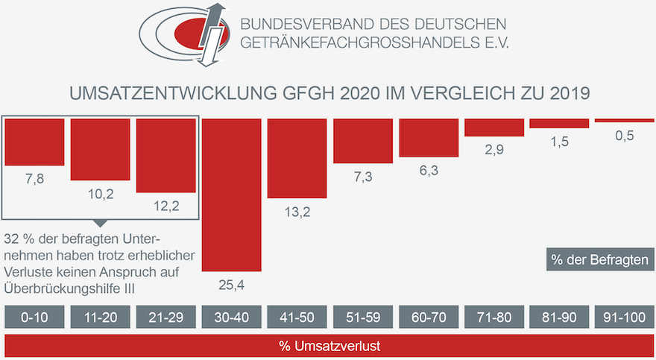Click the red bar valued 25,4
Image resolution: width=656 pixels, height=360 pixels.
point(232,195)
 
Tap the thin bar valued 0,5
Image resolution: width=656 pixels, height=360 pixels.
point(625,120)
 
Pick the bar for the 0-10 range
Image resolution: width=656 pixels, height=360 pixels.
point(34,142)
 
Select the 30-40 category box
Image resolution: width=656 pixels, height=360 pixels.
point(232,316)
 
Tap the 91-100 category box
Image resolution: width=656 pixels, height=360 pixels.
point(625,316)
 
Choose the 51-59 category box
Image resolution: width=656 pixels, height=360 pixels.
point(363,316)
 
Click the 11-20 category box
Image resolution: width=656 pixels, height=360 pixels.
point(100,316)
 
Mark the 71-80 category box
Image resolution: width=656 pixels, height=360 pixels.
point(493,316)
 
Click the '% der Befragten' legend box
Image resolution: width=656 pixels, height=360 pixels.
point(600,259)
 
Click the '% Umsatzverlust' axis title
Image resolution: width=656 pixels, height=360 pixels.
point(329,346)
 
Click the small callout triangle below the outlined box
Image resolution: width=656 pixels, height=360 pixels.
point(100,223)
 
